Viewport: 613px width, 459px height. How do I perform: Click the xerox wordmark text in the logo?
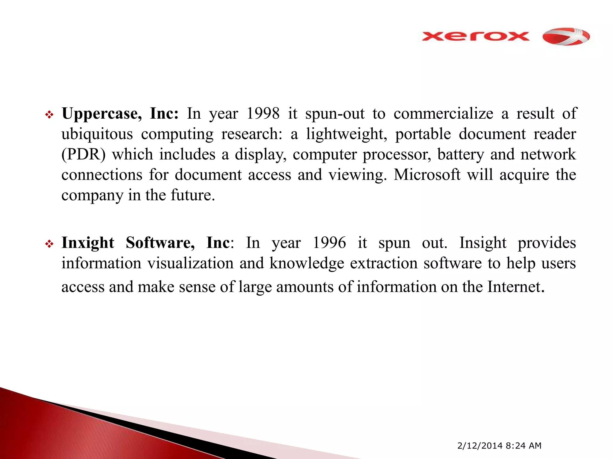pyautogui.click(x=475, y=36)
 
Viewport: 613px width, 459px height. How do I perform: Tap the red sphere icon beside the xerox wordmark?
pyautogui.click(x=566, y=37)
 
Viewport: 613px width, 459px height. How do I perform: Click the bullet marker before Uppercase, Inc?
pyautogui.click(x=49, y=115)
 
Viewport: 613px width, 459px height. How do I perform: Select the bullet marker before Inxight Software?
pyautogui.click(x=49, y=244)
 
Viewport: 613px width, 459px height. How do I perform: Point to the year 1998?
pyautogui.click(x=263, y=114)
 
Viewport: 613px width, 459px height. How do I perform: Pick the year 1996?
pyautogui.click(x=329, y=243)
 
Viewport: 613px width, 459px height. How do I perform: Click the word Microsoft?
pyautogui.click(x=427, y=175)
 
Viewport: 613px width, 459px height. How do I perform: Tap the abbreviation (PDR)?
pyautogui.click(x=83, y=154)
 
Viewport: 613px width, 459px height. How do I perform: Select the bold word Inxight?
pyautogui.click(x=88, y=243)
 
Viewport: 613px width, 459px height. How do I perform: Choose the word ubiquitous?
pyautogui.click(x=97, y=134)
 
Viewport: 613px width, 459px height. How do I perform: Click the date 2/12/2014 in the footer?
pyautogui.click(x=480, y=446)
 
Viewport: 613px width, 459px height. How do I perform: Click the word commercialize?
pyautogui.click(x=443, y=114)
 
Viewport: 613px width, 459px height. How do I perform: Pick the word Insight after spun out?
pyautogui.click(x=483, y=243)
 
